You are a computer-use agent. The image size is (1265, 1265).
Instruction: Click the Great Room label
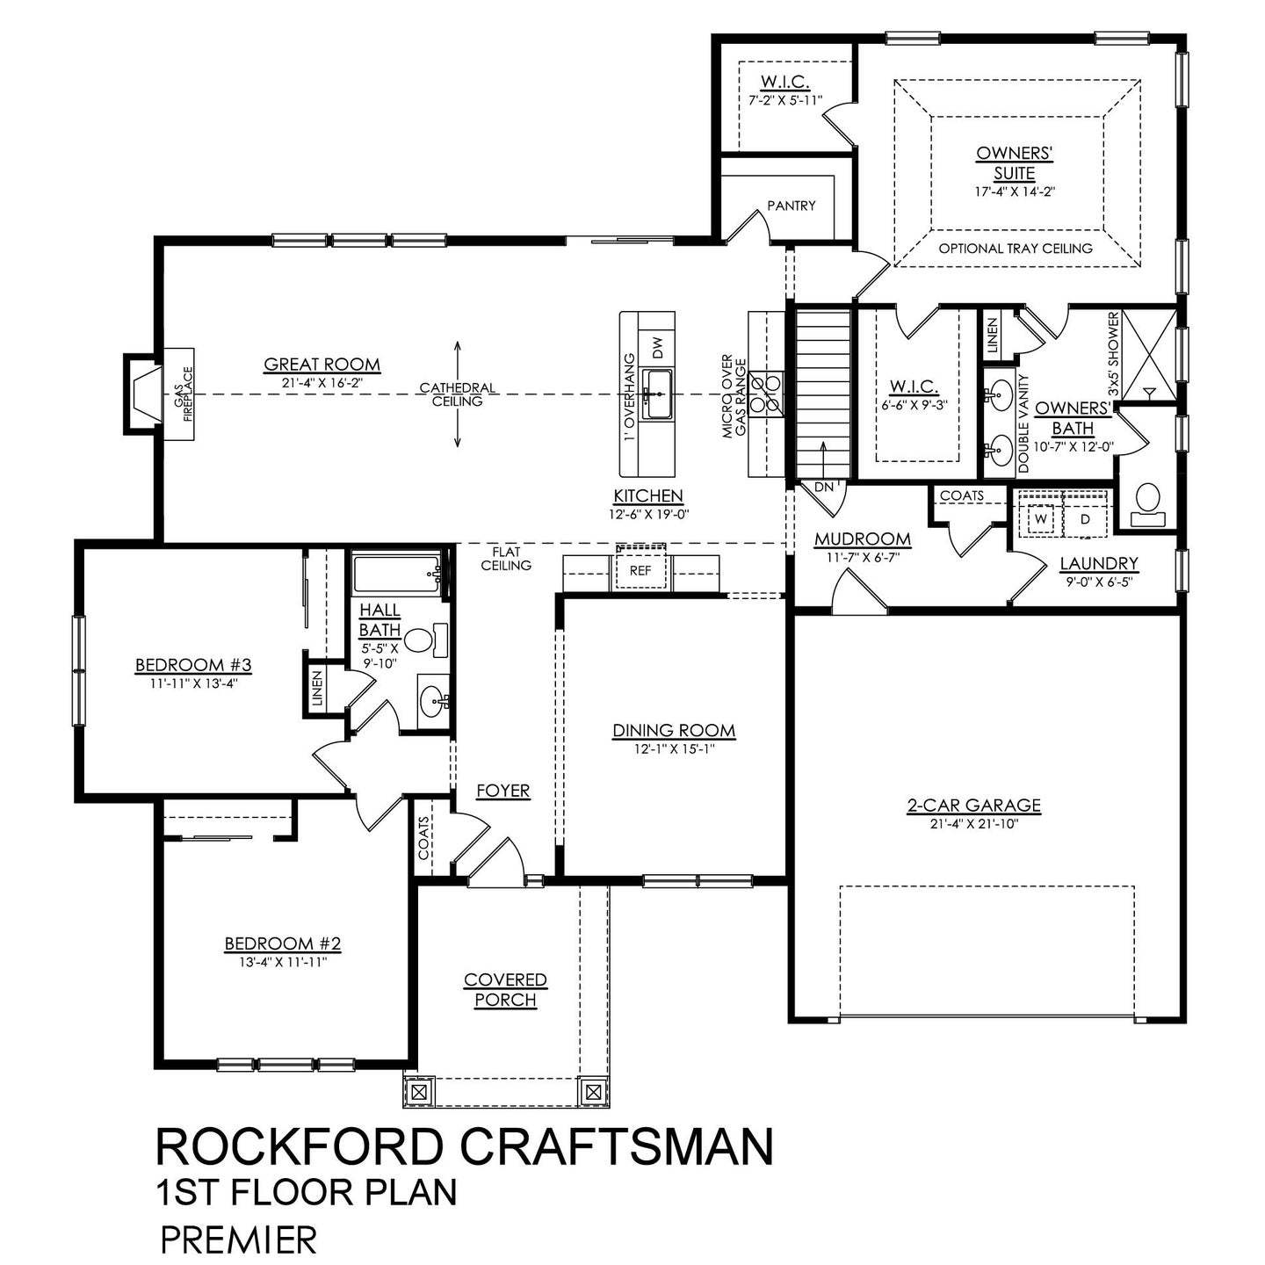pyautogui.click(x=322, y=365)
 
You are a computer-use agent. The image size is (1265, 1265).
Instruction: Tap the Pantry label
pyautogui.click(x=791, y=206)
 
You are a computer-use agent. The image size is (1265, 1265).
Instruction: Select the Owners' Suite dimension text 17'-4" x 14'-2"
pyautogui.click(x=1015, y=191)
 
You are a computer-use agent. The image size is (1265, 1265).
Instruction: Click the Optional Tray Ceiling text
pyautogui.click(x=1016, y=249)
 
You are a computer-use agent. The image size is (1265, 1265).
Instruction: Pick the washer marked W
pyautogui.click(x=1041, y=519)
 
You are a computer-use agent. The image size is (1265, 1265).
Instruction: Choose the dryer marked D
pyautogui.click(x=1085, y=519)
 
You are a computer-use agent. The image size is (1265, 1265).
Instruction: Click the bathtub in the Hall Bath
pyautogui.click(x=398, y=575)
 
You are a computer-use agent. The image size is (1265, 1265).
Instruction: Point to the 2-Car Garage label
pyautogui.click(x=973, y=805)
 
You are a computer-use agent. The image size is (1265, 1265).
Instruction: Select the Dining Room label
pyautogui.click(x=674, y=731)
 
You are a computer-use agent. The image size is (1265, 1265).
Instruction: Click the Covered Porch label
pyautogui.click(x=505, y=989)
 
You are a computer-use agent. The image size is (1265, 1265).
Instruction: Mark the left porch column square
pyautogui.click(x=419, y=1092)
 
